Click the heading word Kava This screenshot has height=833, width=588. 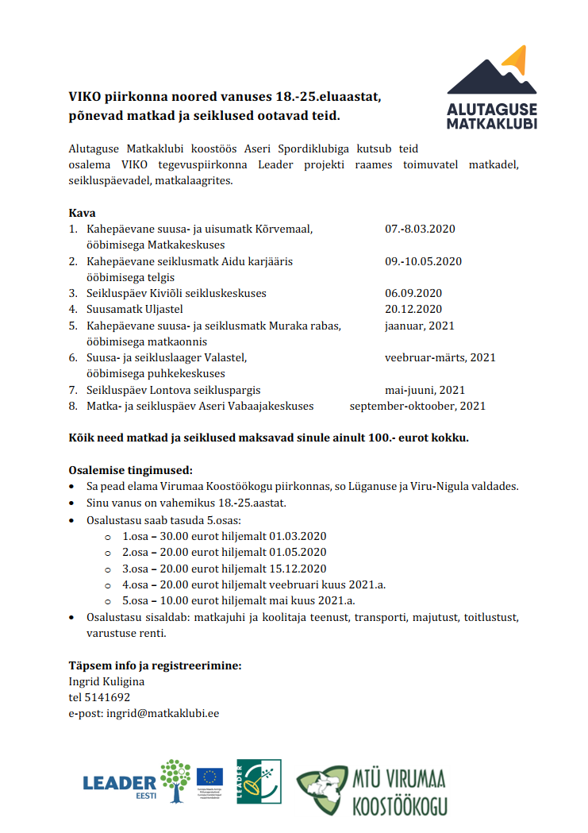pyautogui.click(x=83, y=213)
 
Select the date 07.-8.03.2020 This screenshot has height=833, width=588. pyautogui.click(x=420, y=229)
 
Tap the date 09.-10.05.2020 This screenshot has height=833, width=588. pyautogui.click(x=423, y=261)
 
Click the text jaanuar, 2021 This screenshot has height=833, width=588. pyautogui.click(x=420, y=326)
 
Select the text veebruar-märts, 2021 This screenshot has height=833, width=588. pyautogui.click(x=440, y=357)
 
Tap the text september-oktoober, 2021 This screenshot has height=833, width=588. pyautogui.click(x=417, y=406)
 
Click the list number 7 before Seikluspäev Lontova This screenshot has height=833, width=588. pyautogui.click(x=72, y=390)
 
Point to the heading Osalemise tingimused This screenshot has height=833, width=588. pyautogui.click(x=130, y=470)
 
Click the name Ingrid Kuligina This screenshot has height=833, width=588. pyautogui.click(x=106, y=681)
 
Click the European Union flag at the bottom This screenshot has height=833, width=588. pyautogui.click(x=209, y=776)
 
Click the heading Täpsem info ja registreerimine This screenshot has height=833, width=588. pyautogui.click(x=155, y=665)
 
